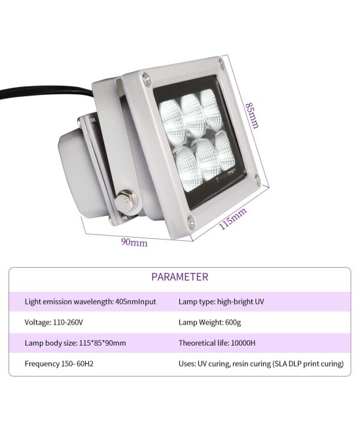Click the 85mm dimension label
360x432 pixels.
252,115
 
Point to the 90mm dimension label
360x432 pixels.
134,242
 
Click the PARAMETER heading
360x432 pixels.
180,277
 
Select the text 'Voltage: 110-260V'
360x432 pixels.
54,322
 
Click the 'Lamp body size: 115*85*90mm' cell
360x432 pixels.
75,343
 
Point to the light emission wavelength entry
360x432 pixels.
90,302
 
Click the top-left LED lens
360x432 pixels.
173,115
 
